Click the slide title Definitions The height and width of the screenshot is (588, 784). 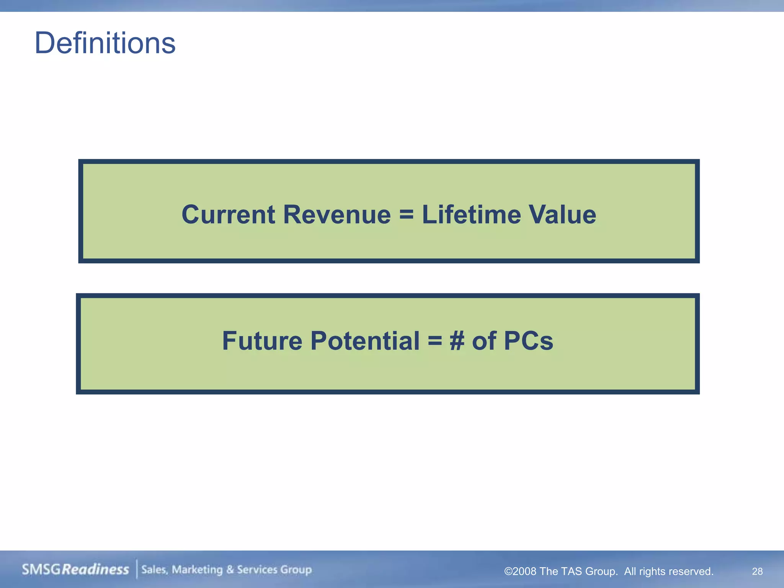click(105, 43)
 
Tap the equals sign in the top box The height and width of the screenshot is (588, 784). click(406, 214)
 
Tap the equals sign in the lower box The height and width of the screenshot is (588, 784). click(435, 341)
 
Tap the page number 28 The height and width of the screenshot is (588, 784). click(757, 571)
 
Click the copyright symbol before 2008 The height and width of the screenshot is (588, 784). click(508, 572)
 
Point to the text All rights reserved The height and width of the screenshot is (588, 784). click(669, 572)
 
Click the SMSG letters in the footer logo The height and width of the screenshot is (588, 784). click(41, 569)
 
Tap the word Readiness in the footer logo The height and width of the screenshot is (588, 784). click(95, 569)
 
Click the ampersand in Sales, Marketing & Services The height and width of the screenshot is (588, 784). click(230, 570)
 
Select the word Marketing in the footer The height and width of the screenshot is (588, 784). click(197, 570)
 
